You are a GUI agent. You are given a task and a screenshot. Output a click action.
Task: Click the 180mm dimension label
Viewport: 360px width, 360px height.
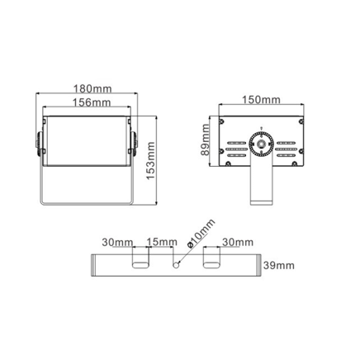click(92, 89)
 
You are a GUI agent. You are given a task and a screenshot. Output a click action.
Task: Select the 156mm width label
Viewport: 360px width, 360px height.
click(92, 102)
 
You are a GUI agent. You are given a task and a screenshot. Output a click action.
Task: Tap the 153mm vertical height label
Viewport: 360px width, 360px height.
click(151, 161)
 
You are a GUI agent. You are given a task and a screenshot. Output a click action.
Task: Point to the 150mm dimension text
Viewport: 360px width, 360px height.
click(261, 100)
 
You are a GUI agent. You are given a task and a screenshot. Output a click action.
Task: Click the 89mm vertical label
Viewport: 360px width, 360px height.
click(205, 140)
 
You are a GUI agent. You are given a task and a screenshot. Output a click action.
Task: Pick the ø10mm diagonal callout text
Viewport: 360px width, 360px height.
click(201, 234)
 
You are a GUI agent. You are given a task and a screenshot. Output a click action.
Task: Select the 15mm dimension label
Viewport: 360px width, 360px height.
click(162, 242)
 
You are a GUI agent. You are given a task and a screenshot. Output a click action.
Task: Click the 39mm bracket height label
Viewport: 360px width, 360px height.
click(279, 265)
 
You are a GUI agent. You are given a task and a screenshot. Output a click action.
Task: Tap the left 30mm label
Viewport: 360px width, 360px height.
click(117, 242)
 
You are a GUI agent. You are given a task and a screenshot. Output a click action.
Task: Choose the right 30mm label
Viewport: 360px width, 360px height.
click(238, 242)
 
